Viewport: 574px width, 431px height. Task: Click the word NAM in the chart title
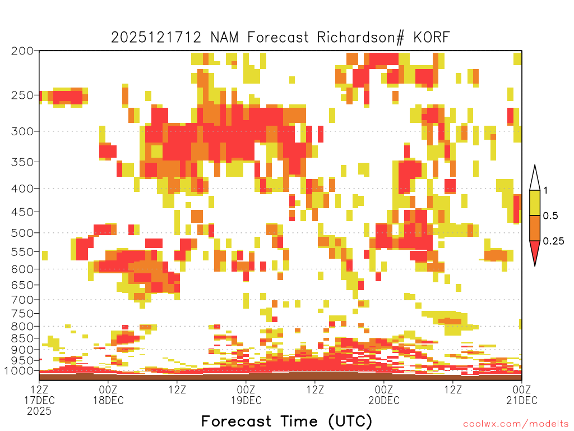pyautogui.click(x=224, y=38)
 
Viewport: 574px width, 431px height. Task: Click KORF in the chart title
pyautogui.click(x=431, y=38)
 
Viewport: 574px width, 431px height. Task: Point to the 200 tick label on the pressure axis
pyautogui.click(x=22, y=51)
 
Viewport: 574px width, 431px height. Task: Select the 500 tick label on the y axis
pyautogui.click(x=22, y=233)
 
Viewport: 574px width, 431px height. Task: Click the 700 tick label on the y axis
pyautogui.click(x=22, y=300)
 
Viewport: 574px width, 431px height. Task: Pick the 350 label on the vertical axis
pyautogui.click(x=22, y=162)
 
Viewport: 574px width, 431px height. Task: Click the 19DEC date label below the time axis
pyautogui.click(x=246, y=400)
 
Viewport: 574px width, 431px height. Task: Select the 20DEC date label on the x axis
pyautogui.click(x=384, y=400)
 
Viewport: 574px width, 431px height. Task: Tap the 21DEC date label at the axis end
pyautogui.click(x=522, y=400)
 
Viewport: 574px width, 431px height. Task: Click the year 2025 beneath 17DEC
pyautogui.click(x=39, y=411)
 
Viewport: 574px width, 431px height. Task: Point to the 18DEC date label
pyautogui.click(x=108, y=400)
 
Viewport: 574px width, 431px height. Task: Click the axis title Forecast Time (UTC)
pyautogui.click(x=286, y=421)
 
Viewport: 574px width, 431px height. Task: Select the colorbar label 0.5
pyautogui.click(x=550, y=216)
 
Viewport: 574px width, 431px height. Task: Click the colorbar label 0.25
pyautogui.click(x=553, y=241)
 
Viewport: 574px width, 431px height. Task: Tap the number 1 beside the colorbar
pyautogui.click(x=545, y=191)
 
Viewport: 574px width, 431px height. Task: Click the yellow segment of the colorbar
pyautogui.click(x=535, y=203)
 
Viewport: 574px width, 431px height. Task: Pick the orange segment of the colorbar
pyautogui.click(x=535, y=228)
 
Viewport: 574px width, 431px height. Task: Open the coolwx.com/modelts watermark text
pyautogui.click(x=516, y=424)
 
